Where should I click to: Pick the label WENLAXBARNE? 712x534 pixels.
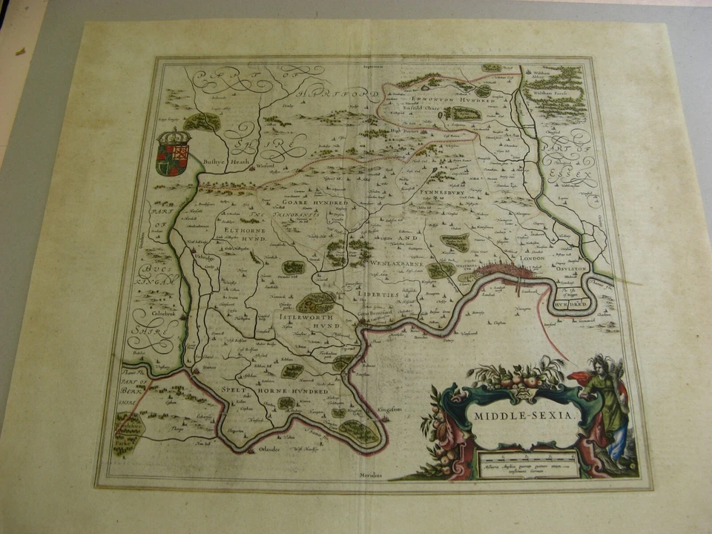[x=395, y=263]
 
